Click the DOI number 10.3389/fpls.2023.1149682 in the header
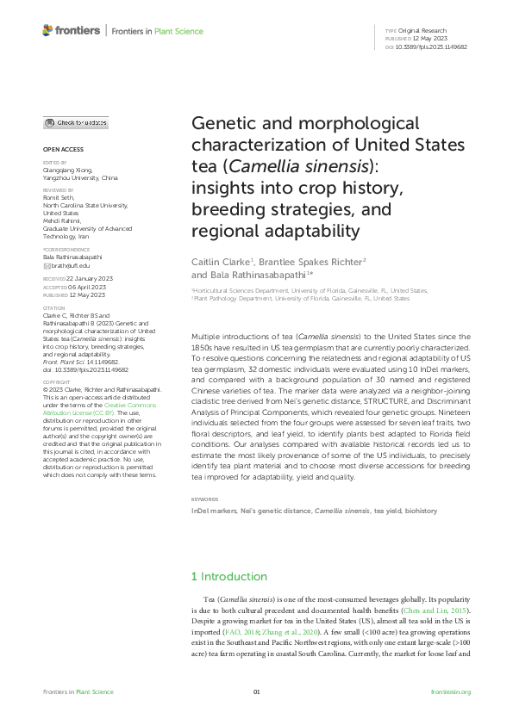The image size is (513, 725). (x=435, y=46)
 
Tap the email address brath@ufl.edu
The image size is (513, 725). (x=71, y=265)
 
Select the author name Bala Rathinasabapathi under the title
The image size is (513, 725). (x=248, y=275)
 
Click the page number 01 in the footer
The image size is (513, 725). (x=256, y=692)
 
